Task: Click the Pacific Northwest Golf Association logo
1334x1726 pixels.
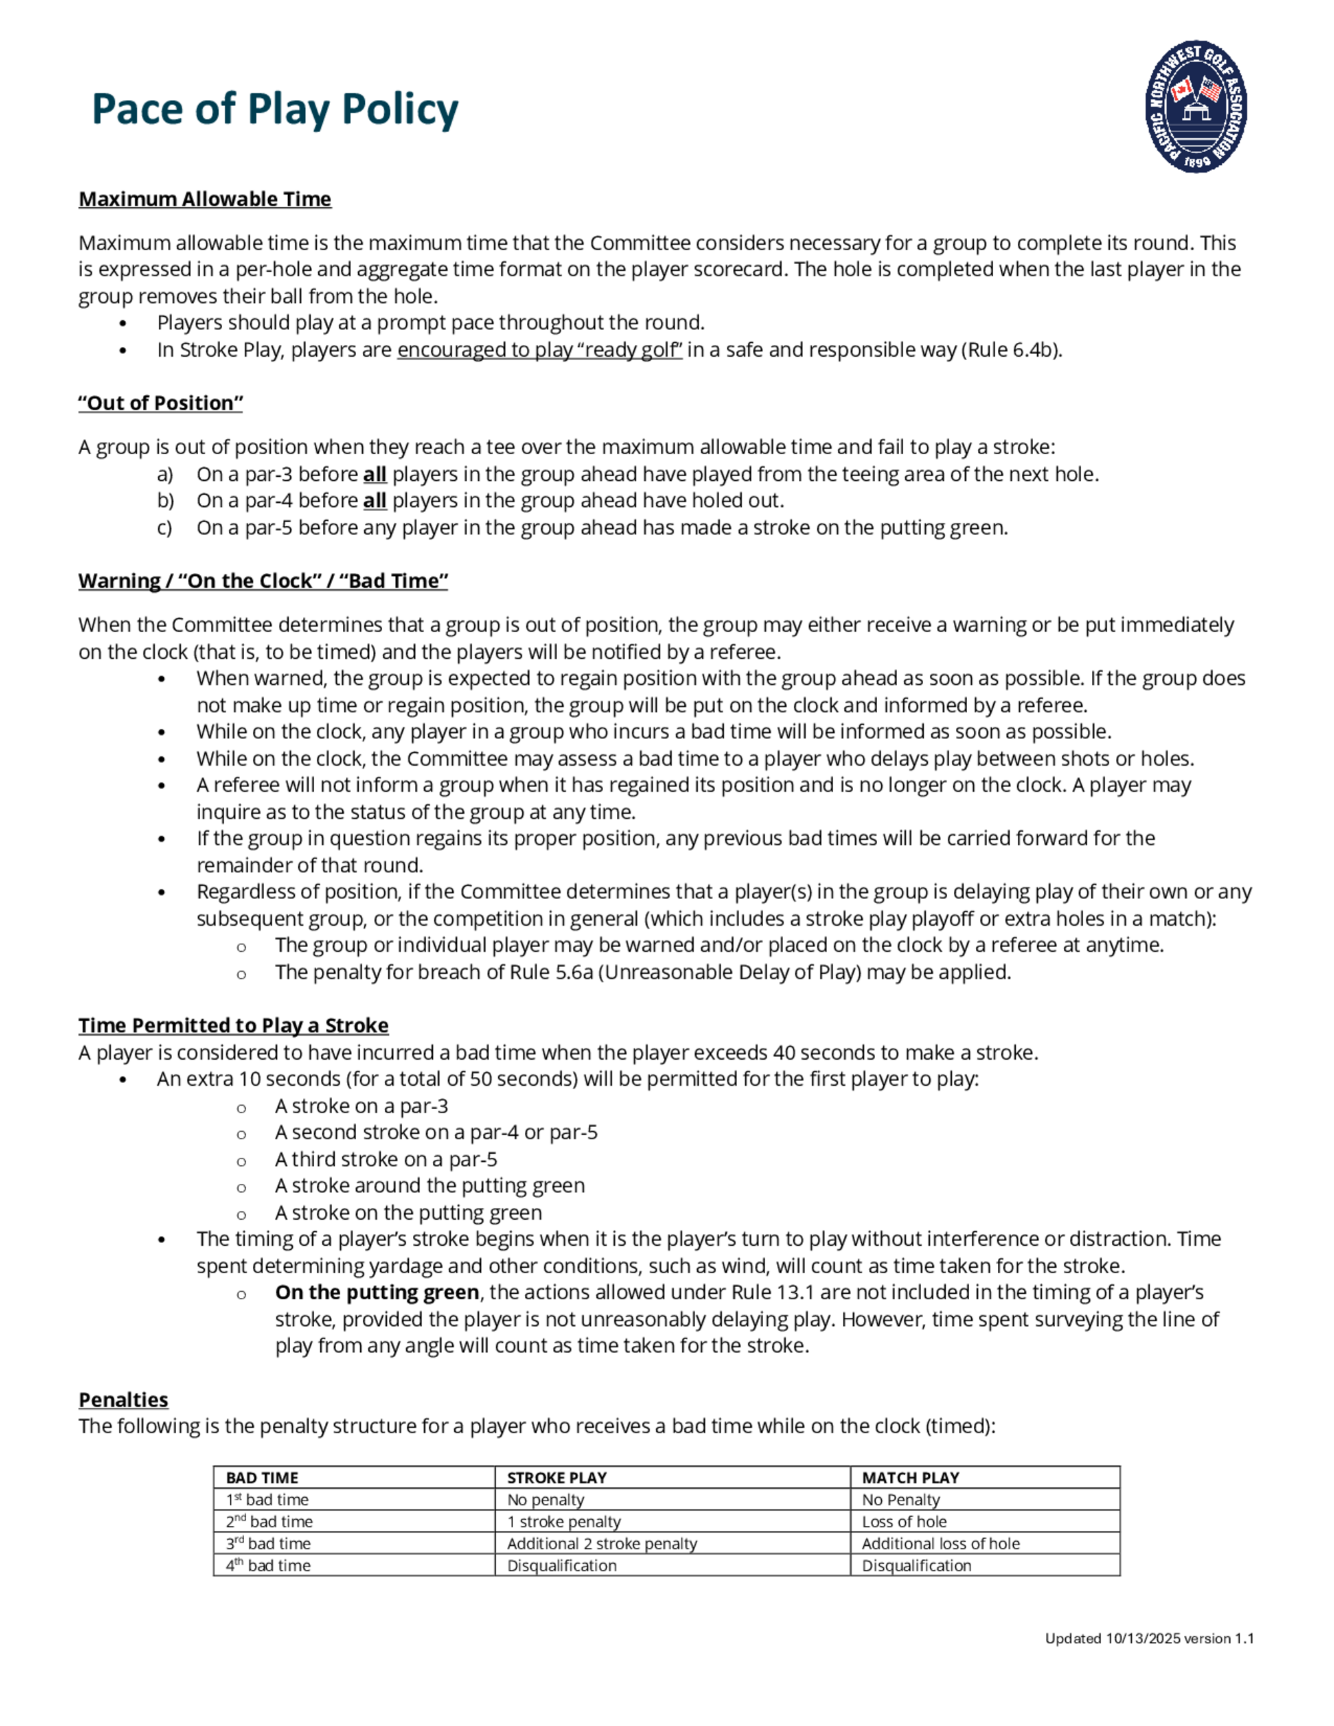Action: tap(1196, 107)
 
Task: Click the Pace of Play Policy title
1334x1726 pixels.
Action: tap(275, 109)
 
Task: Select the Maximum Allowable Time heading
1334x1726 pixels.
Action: tap(205, 199)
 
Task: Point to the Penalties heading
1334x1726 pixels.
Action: tap(123, 1400)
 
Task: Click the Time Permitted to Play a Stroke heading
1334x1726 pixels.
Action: tap(233, 1025)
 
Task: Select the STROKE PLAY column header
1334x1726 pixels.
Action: tap(556, 1478)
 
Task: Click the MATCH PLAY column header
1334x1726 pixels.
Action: tap(910, 1478)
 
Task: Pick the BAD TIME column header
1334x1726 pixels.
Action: tap(261, 1478)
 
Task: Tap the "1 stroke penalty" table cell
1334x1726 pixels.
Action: tap(564, 1521)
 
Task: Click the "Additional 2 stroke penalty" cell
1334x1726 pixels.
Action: tap(602, 1543)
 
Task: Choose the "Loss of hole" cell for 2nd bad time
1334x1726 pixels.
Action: tap(904, 1521)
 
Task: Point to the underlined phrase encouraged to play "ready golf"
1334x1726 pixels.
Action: tap(540, 349)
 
